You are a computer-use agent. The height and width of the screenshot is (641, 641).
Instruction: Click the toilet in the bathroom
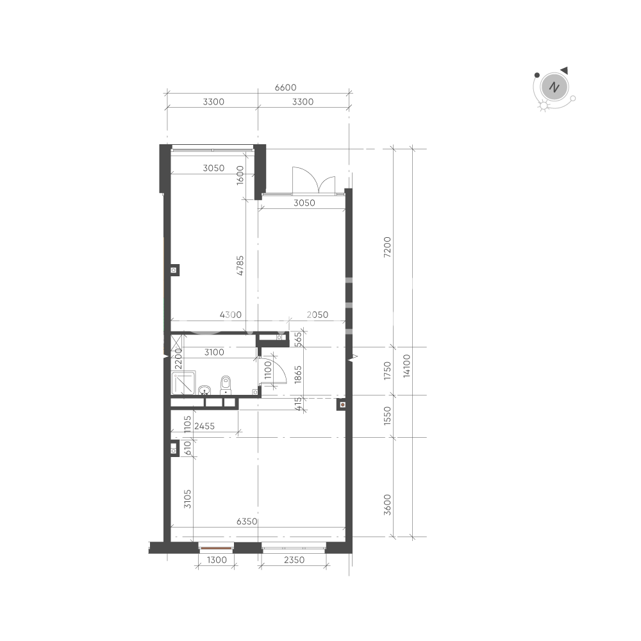coord(226,385)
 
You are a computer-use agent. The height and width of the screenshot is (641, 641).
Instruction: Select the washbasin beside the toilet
coord(204,390)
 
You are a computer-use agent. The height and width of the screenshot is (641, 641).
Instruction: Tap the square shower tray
coord(183,383)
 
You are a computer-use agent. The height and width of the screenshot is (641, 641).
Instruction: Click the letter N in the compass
coord(554,87)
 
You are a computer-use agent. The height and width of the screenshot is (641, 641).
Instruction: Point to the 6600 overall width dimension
coord(285,87)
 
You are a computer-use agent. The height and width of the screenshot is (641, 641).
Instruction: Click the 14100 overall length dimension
coord(406,366)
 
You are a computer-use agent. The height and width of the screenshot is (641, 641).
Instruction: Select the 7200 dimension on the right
coord(387,247)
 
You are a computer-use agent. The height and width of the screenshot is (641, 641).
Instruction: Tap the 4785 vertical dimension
coord(240,265)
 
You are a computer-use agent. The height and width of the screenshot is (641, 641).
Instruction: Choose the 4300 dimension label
coord(231,315)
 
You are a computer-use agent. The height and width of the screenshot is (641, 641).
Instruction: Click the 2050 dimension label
coord(317,315)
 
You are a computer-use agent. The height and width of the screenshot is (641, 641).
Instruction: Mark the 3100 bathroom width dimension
coord(214,352)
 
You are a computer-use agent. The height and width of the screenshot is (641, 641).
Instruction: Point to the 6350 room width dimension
coord(247,521)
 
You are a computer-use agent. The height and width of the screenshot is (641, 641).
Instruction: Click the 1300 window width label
coord(217,560)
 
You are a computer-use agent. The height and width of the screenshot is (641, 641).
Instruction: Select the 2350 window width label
coord(294,560)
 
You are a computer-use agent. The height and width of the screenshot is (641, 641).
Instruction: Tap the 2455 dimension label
coord(204,426)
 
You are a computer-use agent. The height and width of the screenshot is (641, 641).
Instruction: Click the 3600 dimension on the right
coord(387,504)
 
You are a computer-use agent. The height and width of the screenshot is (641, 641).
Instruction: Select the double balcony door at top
coord(314,180)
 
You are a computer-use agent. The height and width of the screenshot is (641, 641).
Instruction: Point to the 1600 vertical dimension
coord(240,175)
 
